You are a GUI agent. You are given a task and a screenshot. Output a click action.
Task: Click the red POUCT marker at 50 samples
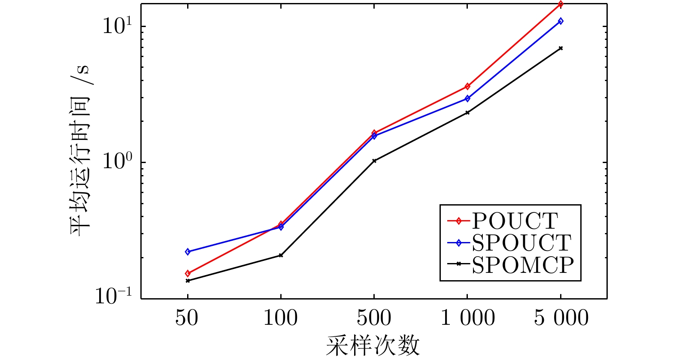pyautogui.click(x=188, y=273)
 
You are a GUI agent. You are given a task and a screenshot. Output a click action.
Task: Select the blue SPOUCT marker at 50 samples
pyautogui.click(x=188, y=252)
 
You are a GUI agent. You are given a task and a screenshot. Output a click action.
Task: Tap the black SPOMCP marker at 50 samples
pyautogui.click(x=188, y=281)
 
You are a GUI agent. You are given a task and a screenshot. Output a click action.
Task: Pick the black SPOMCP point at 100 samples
pyautogui.click(x=281, y=255)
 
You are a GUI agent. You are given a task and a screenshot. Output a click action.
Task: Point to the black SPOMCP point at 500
pyautogui.click(x=374, y=161)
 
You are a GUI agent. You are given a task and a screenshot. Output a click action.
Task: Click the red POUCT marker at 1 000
pyautogui.click(x=467, y=87)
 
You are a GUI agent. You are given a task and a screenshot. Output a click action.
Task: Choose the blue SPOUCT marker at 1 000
pyautogui.click(x=467, y=99)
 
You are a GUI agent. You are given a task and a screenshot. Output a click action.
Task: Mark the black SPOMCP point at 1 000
pyautogui.click(x=467, y=112)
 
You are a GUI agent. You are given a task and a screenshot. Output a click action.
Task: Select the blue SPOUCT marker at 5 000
pyautogui.click(x=561, y=21)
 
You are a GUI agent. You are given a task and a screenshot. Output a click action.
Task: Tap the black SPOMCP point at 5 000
pyautogui.click(x=561, y=48)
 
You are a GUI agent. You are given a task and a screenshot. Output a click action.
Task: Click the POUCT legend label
pyautogui.click(x=515, y=221)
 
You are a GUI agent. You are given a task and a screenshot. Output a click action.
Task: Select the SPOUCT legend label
pyautogui.click(x=521, y=243)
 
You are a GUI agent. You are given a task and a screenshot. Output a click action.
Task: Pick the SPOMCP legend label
pyautogui.click(x=523, y=265)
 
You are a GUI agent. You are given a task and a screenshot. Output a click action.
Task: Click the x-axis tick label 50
pyautogui.click(x=187, y=318)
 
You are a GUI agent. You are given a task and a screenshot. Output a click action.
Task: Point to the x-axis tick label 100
pyautogui.click(x=280, y=318)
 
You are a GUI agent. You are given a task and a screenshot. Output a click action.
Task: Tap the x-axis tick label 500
pyautogui.click(x=374, y=318)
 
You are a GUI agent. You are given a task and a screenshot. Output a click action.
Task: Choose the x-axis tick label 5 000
pyautogui.click(x=561, y=318)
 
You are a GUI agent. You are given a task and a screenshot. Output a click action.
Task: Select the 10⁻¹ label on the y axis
pyautogui.click(x=113, y=296)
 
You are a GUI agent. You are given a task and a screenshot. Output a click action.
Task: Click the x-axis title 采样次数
pyautogui.click(x=373, y=345)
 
